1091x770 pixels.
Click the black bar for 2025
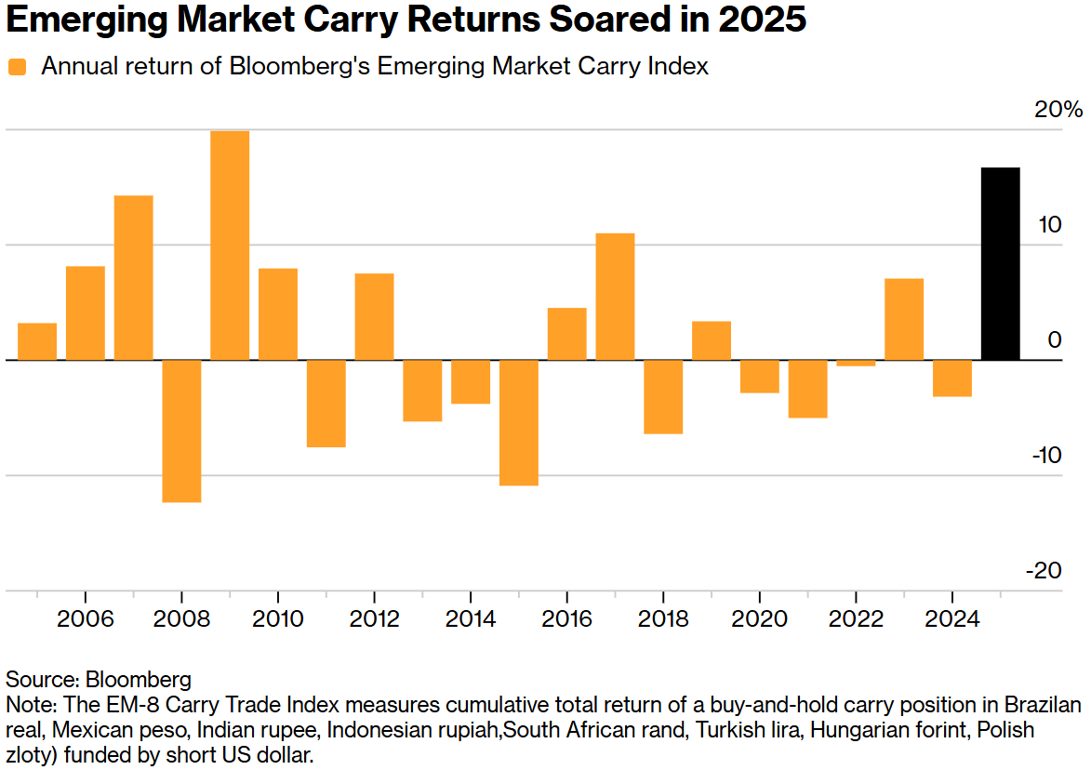tap(1001, 264)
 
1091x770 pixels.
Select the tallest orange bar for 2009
tap(230, 246)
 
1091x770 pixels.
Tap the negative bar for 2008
tap(181, 431)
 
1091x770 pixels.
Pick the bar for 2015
tap(519, 422)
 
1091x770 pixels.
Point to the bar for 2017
tap(615, 297)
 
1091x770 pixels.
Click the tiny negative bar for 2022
tap(856, 363)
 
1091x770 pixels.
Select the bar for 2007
tap(133, 277)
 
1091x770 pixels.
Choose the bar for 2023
tap(904, 319)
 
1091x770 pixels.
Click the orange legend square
tap(18, 67)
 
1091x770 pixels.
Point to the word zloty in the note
tap(29, 754)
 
